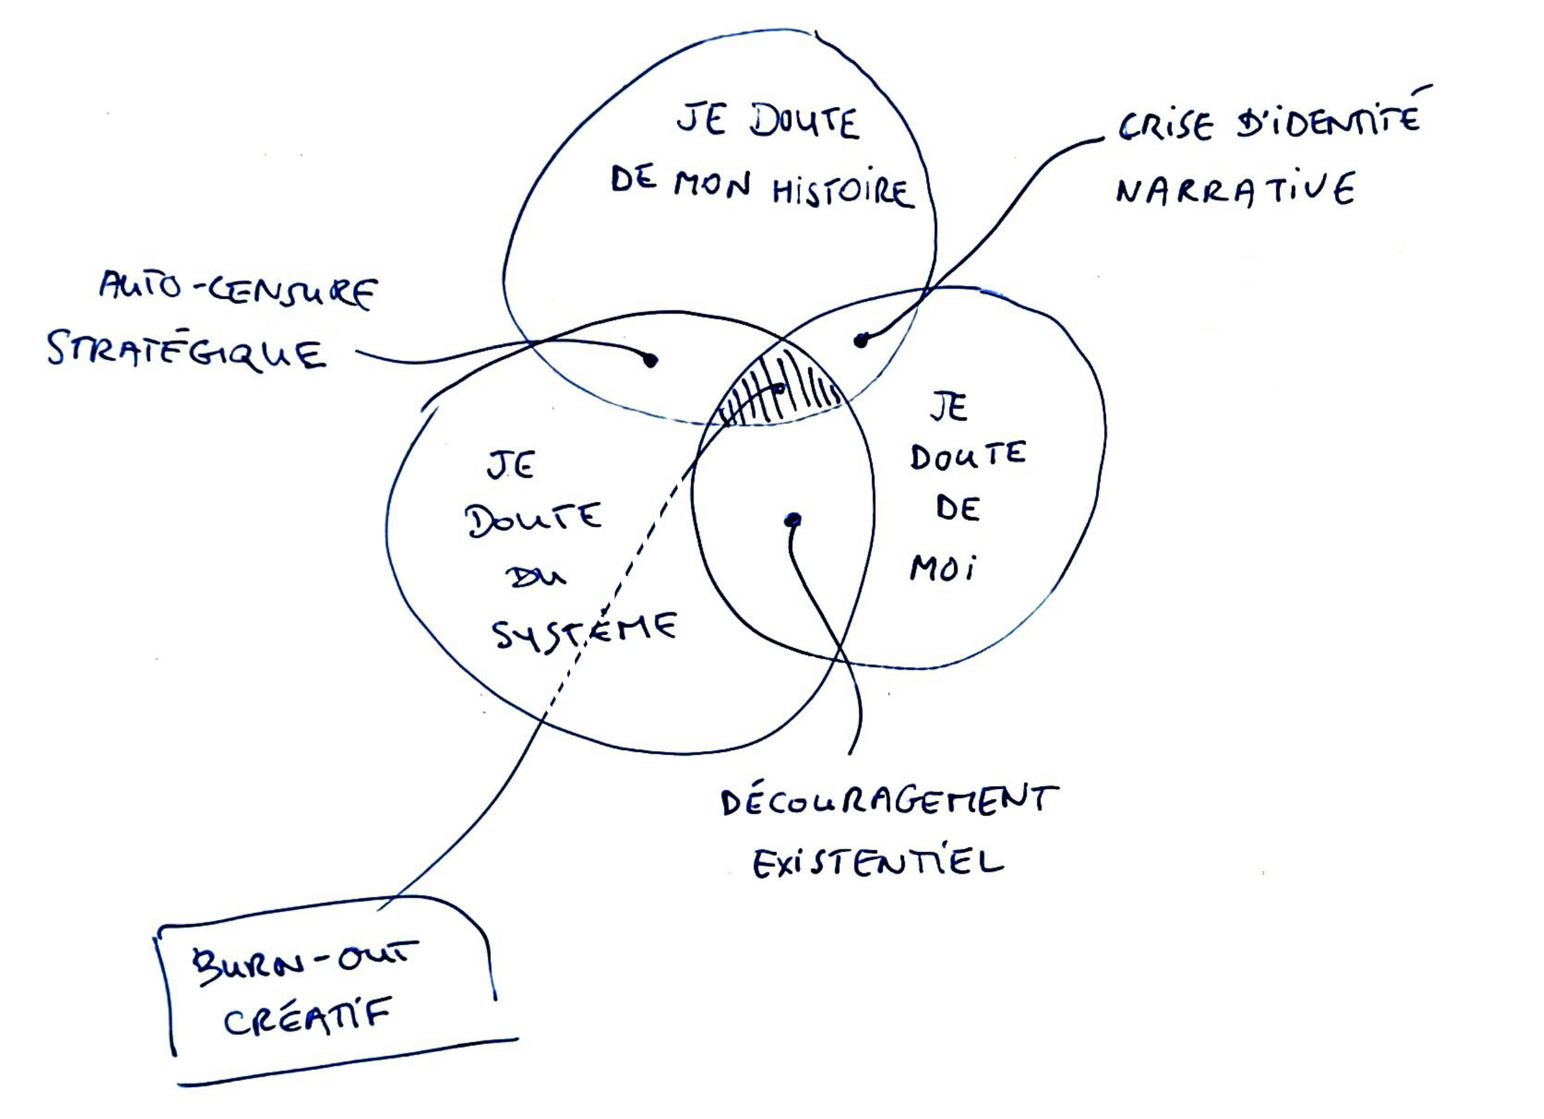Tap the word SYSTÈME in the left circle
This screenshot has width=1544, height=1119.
pos(584,631)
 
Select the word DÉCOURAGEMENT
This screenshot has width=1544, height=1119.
pos(889,802)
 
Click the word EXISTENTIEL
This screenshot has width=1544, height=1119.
pos(878,864)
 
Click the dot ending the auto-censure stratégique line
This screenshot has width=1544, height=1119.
pos(650,360)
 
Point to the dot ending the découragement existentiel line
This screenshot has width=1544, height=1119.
pos(792,521)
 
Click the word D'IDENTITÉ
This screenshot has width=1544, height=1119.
pos(1328,122)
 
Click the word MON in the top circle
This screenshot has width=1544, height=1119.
pos(712,185)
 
